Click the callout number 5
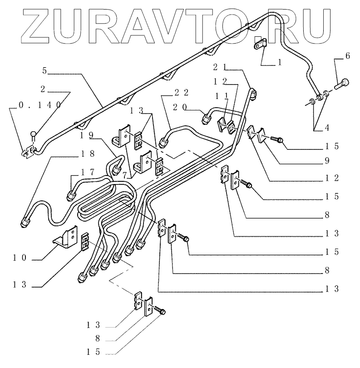pyautogui.click(x=45, y=70)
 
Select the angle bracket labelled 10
pyautogui.click(x=66, y=239)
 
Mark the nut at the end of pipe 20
pyautogui.click(x=206, y=119)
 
